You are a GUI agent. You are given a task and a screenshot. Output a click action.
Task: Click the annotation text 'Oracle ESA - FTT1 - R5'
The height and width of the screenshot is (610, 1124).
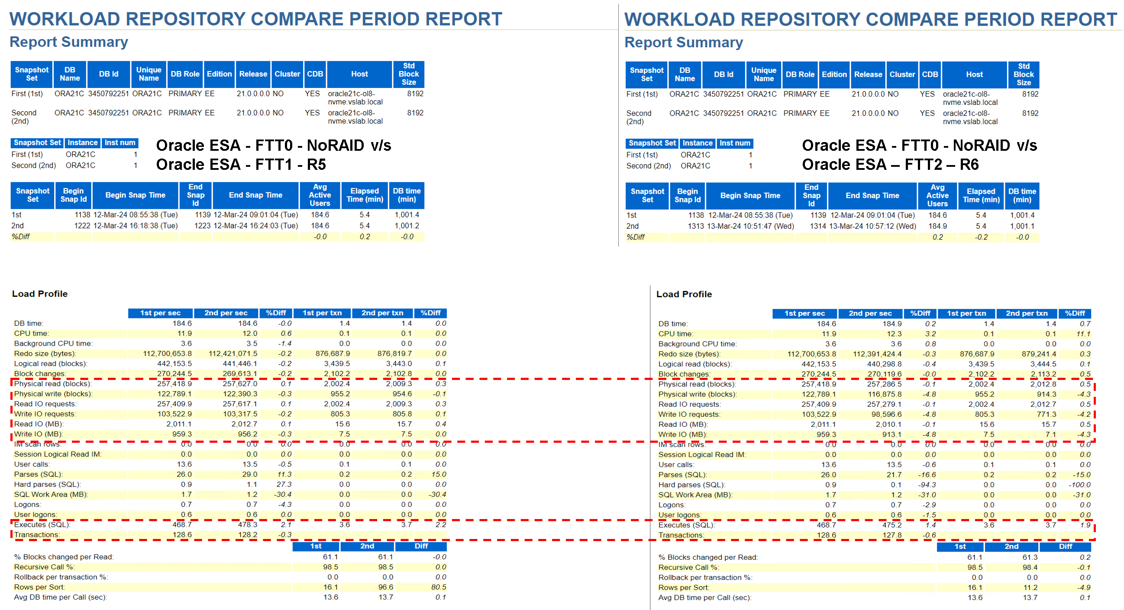click(241, 165)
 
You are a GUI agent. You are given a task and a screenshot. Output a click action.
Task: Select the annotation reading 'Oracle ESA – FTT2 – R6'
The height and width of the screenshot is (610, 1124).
click(890, 165)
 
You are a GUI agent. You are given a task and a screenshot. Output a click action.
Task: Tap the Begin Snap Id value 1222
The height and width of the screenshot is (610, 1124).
click(82, 226)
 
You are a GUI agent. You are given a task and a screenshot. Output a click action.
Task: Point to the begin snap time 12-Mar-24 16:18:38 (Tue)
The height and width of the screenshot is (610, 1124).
click(135, 226)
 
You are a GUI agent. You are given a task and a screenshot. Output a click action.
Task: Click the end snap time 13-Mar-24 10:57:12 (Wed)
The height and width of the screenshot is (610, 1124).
click(872, 226)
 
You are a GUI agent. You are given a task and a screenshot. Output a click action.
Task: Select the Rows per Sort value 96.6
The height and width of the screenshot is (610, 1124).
click(385, 587)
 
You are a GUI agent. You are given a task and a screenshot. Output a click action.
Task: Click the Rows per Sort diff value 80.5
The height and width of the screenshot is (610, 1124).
click(438, 587)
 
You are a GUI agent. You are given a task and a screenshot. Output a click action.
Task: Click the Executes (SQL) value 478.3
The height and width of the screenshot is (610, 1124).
click(247, 525)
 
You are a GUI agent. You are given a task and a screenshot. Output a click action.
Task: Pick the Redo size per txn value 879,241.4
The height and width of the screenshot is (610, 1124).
click(1038, 354)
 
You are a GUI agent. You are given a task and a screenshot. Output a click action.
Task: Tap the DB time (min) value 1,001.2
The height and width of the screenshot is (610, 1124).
click(407, 226)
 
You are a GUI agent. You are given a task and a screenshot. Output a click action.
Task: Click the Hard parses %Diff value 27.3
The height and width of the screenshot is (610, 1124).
click(284, 485)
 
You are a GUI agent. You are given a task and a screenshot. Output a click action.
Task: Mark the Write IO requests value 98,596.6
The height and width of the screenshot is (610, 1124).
click(885, 414)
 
